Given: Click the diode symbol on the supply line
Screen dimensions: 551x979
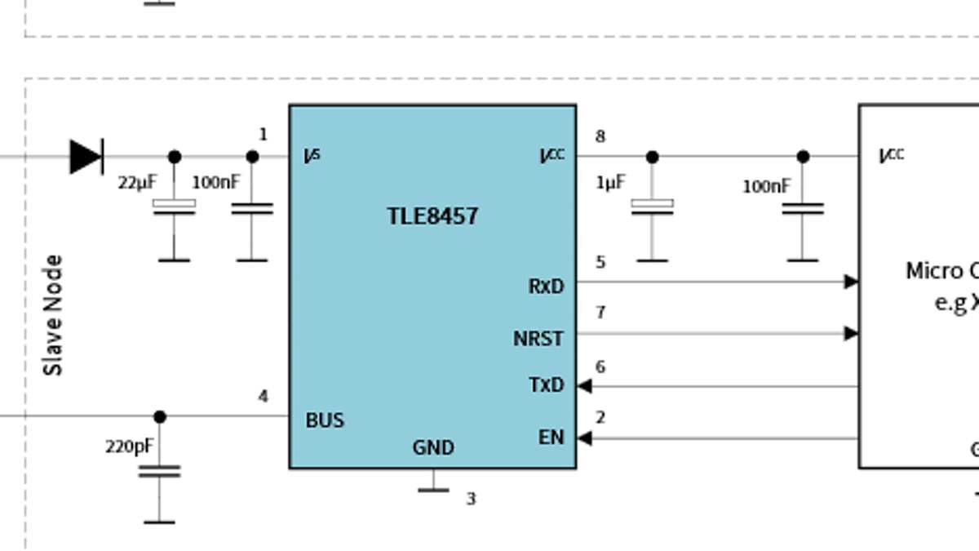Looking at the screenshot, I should click(86, 156).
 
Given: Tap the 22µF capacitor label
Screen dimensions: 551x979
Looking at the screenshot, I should click(136, 183).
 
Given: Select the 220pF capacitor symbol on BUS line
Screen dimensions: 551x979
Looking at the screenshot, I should click(159, 471).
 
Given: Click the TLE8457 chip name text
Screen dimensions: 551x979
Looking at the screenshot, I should click(432, 216).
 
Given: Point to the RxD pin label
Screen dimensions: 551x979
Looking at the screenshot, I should click(546, 287).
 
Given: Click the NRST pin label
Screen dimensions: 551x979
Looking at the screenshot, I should click(538, 338).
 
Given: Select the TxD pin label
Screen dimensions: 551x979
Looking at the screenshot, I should click(547, 385).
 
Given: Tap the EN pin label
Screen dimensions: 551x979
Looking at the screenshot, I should click(551, 438).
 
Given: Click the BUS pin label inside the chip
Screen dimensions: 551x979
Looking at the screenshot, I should click(325, 420).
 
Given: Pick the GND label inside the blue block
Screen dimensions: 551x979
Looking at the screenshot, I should click(433, 447).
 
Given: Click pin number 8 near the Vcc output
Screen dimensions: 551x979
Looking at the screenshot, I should click(600, 136).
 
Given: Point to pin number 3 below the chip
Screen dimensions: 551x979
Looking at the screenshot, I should click(471, 498).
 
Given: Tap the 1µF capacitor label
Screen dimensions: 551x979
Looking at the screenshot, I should click(610, 183).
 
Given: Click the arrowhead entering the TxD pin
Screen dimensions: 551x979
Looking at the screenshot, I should click(584, 386).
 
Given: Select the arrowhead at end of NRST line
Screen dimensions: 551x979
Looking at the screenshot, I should click(851, 333).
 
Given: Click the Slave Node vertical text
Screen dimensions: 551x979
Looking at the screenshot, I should click(53, 315).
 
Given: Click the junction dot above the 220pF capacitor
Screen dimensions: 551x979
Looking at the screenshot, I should click(159, 416).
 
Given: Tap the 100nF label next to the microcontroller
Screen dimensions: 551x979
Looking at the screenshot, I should click(766, 186).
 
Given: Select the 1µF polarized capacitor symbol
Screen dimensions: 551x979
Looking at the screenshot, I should click(652, 207).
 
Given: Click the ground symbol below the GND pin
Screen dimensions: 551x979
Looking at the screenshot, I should click(433, 488).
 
